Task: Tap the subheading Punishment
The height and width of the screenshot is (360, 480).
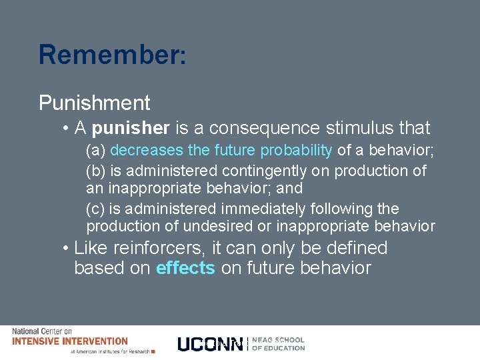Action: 95,103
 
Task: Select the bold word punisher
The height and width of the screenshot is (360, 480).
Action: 131,127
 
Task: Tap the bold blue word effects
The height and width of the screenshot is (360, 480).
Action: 185,268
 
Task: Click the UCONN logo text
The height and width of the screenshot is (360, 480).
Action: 210,344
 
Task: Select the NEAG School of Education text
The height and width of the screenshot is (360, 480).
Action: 279,344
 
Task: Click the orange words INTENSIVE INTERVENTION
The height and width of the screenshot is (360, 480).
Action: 70,341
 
